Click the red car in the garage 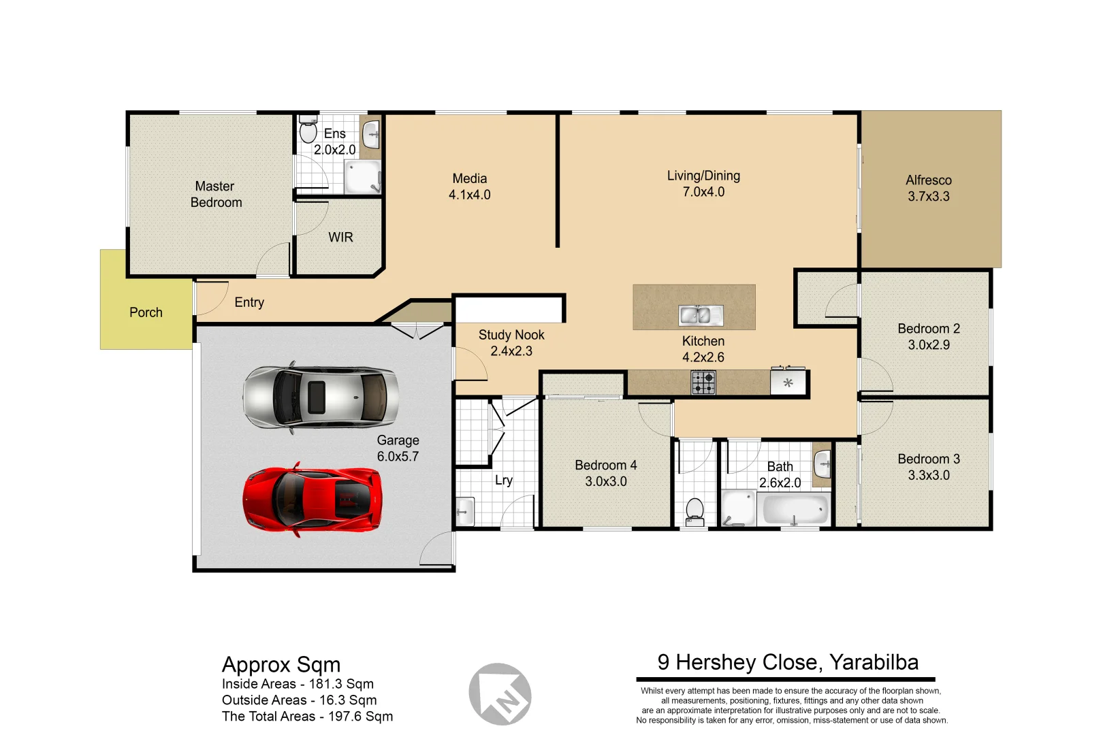[312, 500]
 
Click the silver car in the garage [320, 397]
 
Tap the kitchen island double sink [701, 315]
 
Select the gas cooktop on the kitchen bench [703, 382]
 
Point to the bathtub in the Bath [795, 509]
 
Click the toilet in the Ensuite [308, 131]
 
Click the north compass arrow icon [500, 694]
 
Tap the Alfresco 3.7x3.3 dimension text [928, 197]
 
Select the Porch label [146, 312]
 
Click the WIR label [340, 237]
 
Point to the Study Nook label [511, 335]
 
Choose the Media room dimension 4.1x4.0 [469, 195]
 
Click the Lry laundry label [504, 480]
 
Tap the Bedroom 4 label [605, 465]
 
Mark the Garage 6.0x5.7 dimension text [398, 457]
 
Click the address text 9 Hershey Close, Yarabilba [788, 662]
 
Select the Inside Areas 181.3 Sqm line [298, 684]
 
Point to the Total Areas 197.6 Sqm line [307, 717]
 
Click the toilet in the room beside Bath [694, 510]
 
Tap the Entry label [249, 302]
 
